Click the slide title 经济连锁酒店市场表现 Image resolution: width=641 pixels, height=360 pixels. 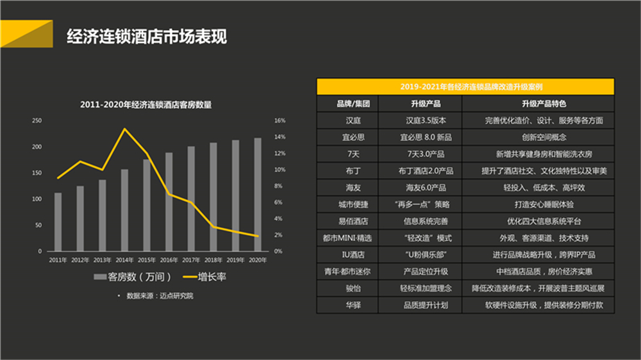pos(147,36)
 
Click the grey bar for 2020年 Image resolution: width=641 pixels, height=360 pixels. pos(257,194)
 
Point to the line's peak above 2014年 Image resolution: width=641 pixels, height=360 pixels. pos(124,129)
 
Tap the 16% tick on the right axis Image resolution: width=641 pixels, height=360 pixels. pos(279,120)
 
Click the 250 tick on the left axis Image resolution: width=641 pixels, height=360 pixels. pos(37,120)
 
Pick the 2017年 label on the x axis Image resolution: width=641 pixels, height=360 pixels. pos(190,259)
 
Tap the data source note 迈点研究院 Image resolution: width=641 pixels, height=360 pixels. pos(160,296)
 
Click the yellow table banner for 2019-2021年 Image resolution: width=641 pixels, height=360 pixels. pos(465,86)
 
